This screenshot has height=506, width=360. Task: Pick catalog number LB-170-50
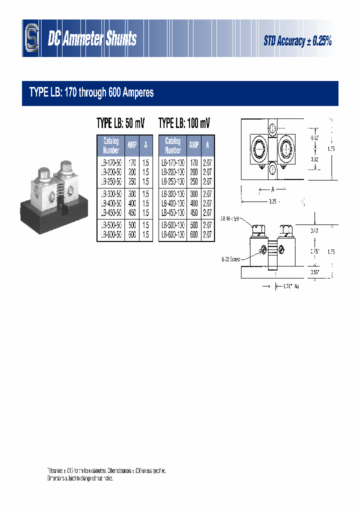[x=111, y=163]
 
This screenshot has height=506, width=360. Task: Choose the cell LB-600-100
[x=173, y=234]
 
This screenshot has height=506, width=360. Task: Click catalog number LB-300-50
[x=111, y=194]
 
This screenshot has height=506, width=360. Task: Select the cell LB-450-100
[x=173, y=212]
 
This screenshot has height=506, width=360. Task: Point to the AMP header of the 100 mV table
[x=193, y=145]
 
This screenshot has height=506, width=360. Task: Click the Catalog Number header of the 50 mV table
[x=111, y=145]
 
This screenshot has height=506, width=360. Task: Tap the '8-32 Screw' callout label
[x=231, y=259]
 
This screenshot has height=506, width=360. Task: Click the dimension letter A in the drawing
[x=272, y=190]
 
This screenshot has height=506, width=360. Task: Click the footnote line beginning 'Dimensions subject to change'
[x=80, y=478]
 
